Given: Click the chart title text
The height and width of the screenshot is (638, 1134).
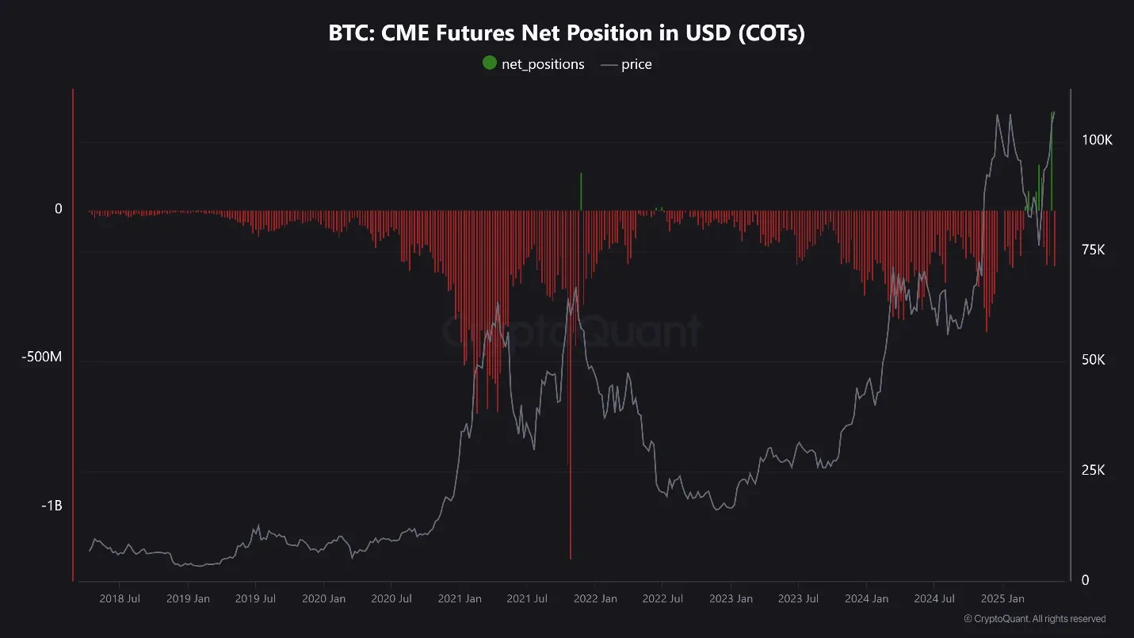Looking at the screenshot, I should [x=567, y=34].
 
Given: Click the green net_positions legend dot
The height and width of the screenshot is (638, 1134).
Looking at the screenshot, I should [x=489, y=63].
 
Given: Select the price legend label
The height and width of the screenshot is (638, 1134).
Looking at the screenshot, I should [x=636, y=64].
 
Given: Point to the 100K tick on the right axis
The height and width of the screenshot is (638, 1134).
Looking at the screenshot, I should [x=1098, y=139].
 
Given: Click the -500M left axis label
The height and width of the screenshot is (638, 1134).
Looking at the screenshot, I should [x=42, y=357].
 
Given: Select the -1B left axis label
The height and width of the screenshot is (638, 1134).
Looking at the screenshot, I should [x=52, y=506].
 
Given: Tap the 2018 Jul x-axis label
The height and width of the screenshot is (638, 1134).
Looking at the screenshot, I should [x=120, y=598].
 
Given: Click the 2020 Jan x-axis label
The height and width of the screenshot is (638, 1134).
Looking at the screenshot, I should [x=324, y=598].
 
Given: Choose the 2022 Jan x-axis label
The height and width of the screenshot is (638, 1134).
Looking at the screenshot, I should [x=596, y=598].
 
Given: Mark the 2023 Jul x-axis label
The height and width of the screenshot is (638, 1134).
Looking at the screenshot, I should [x=799, y=598].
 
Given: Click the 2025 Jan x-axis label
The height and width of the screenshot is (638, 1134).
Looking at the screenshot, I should [x=1002, y=598].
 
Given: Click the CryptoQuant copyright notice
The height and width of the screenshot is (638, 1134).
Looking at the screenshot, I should [x=1035, y=618].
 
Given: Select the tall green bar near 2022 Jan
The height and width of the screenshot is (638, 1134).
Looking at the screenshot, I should [x=581, y=192].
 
